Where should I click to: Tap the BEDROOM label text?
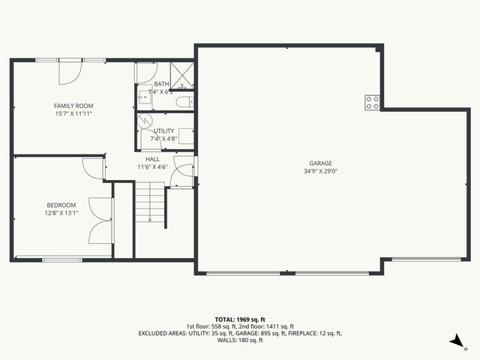(61, 205)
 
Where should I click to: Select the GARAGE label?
(320, 163)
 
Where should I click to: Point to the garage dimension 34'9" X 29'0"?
(320, 171)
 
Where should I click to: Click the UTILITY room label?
(163, 130)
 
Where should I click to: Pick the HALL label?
(152, 159)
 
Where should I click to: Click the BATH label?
(161, 84)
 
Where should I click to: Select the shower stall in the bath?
(181, 76)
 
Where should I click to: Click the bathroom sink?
(145, 96)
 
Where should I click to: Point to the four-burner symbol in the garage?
(371, 103)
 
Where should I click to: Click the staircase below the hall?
(150, 202)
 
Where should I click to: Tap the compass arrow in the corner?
(455, 341)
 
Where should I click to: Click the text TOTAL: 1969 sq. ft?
(239, 318)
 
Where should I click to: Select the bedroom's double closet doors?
(100, 220)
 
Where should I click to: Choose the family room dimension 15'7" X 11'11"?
(73, 114)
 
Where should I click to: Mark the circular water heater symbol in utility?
(148, 119)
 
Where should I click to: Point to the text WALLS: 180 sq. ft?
(239, 340)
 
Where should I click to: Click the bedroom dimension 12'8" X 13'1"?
(61, 213)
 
